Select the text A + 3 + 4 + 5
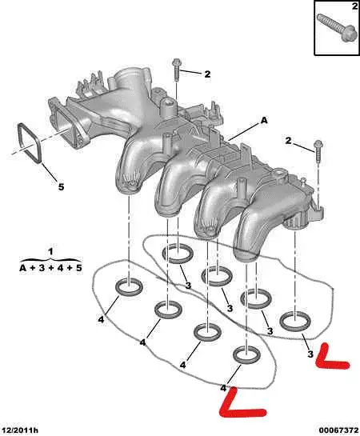pyautogui.click(x=50, y=268)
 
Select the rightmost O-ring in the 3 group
pyautogui.click(x=295, y=321)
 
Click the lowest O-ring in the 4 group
pyautogui.click(x=246, y=354)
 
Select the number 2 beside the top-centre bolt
pyautogui.click(x=206, y=74)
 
